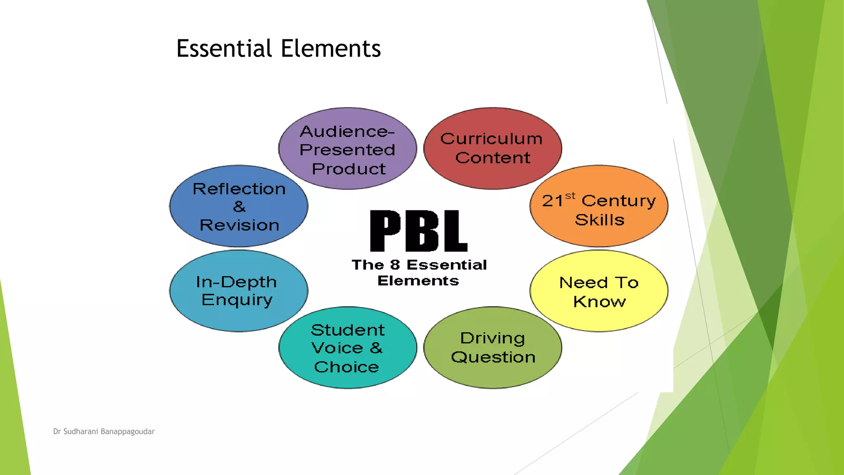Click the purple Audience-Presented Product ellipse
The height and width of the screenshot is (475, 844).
click(x=347, y=149)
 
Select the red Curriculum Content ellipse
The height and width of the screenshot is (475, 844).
click(x=492, y=149)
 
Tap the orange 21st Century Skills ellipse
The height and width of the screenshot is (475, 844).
click(x=598, y=206)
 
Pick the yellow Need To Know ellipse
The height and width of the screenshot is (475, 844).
click(x=598, y=291)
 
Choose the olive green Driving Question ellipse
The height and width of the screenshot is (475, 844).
click(x=492, y=348)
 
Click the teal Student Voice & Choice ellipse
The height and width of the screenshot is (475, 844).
click(x=347, y=348)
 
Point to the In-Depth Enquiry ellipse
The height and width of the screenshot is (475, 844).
click(x=239, y=291)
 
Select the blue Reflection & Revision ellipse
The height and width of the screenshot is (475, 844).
click(x=239, y=206)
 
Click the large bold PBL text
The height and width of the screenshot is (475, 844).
click(x=418, y=231)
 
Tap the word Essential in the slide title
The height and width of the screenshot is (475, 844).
click(x=224, y=48)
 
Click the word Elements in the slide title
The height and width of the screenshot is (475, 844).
click(x=331, y=48)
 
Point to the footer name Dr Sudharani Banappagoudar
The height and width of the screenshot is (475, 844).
click(x=104, y=432)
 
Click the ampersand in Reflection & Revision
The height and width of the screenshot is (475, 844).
click(x=239, y=207)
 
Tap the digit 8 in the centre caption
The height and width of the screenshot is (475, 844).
click(x=395, y=265)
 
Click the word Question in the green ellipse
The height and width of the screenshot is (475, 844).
click(x=493, y=357)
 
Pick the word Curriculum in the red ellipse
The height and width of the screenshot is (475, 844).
click(x=491, y=139)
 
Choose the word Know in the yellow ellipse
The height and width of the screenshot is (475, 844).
click(x=599, y=302)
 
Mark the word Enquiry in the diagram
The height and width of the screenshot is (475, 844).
click(x=237, y=300)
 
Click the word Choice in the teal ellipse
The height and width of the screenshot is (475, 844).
click(x=346, y=367)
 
